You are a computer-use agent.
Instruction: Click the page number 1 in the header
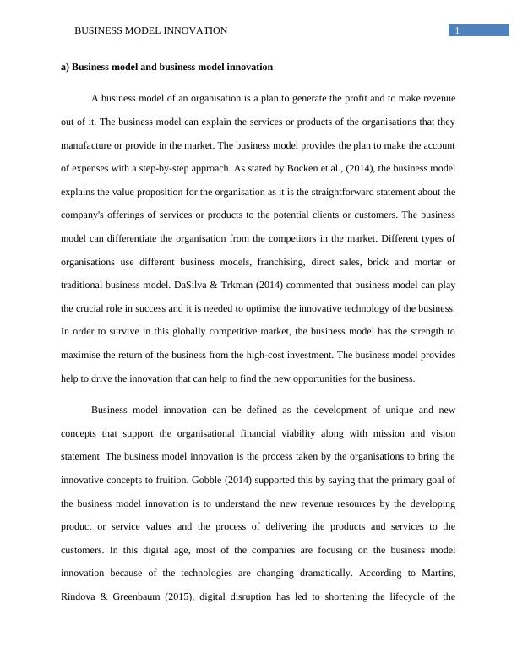coord(457,31)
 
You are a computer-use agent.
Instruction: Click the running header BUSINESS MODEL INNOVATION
coord(151,31)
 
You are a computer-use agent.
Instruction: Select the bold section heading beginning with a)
coord(166,67)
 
